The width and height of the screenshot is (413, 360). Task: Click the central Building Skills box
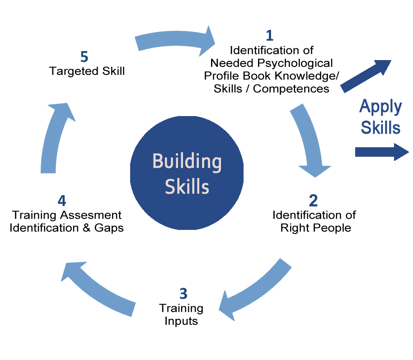[187, 172]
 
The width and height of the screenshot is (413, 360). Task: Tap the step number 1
[269, 35]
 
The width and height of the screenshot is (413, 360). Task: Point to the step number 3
[183, 294]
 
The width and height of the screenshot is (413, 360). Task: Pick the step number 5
[84, 57]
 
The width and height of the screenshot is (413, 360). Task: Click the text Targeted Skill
[87, 71]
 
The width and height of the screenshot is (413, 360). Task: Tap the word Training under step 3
[181, 309]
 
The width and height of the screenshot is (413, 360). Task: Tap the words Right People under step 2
[307, 228]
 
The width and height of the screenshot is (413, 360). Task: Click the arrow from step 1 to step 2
[307, 140]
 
